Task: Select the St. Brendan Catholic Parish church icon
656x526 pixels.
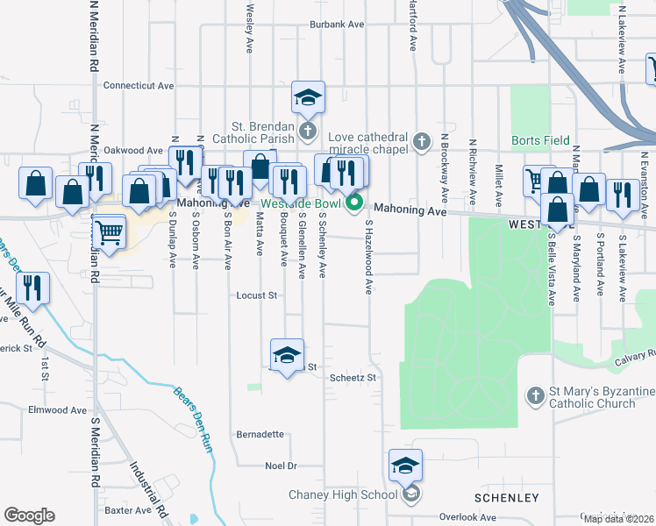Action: coord(308,132)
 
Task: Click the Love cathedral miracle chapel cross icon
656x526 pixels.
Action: coord(422,140)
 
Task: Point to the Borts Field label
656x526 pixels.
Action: coord(541,140)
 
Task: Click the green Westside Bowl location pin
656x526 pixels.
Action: coord(355,206)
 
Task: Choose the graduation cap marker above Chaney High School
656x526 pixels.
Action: coord(406,466)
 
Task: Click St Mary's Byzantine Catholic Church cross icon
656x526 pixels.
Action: coord(535,396)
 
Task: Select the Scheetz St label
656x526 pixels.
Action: coord(353,378)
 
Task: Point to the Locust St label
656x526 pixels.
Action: coord(257,295)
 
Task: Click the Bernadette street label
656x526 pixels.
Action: coord(260,434)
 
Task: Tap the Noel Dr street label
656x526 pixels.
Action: coord(282,466)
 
